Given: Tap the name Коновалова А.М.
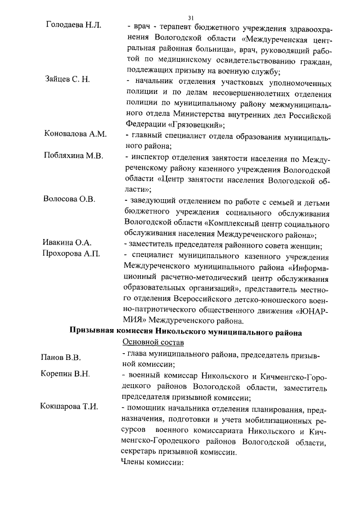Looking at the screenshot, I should coord(75,133).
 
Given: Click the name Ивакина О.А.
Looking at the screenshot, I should coord(67,242).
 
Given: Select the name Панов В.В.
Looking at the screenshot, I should coord(61,357).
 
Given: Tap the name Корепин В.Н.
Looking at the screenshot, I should coord(65,375).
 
